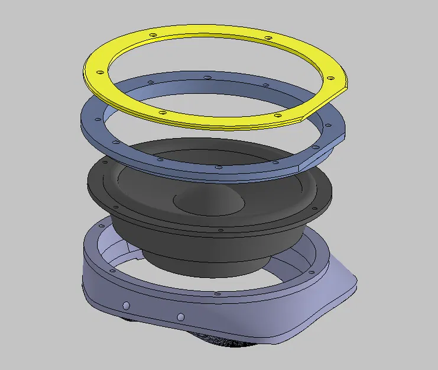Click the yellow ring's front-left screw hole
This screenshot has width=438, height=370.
(x=161, y=112)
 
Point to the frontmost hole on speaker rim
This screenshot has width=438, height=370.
(x=220, y=230)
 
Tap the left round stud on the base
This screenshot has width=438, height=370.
(x=125, y=305)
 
